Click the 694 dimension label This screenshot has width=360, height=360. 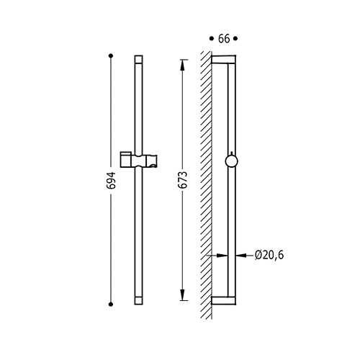click(111, 181)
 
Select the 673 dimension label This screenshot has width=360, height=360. click(183, 180)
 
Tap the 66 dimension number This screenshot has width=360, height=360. click(224, 39)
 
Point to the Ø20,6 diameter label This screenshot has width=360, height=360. click(269, 255)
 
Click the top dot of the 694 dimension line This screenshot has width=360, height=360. click(111, 56)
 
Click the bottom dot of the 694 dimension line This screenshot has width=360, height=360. click(111, 305)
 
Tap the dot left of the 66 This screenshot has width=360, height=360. click(212, 38)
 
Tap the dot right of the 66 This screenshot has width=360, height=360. click(235, 38)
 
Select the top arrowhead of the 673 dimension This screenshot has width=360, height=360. click(182, 65)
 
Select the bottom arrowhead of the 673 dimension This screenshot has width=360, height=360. click(182, 295)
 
